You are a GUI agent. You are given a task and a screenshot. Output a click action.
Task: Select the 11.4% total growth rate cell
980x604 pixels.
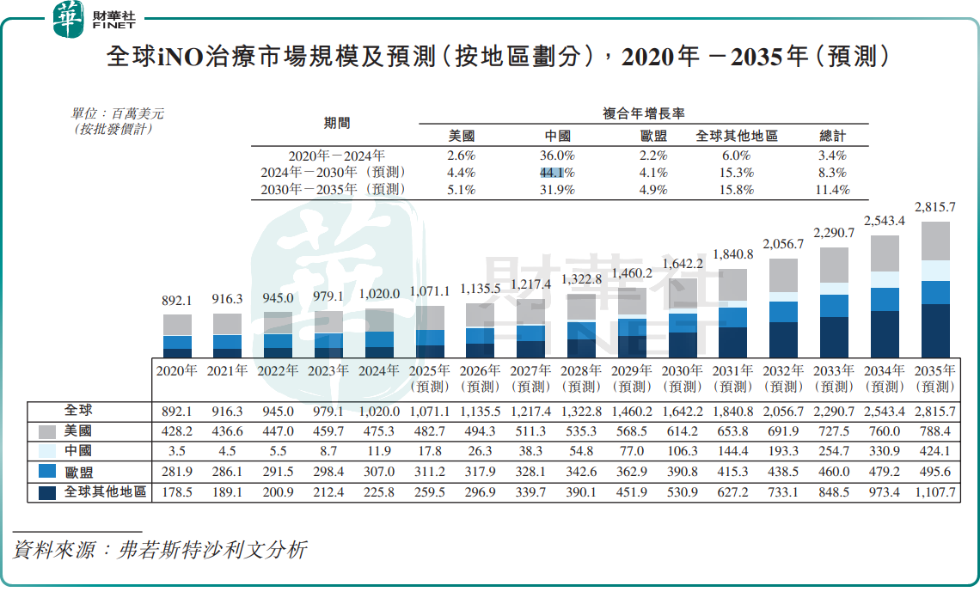click(x=833, y=190)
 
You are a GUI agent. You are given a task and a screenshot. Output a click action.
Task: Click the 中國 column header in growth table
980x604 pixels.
click(x=558, y=136)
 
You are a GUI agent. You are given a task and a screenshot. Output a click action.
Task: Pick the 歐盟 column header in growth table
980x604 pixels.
click(x=653, y=136)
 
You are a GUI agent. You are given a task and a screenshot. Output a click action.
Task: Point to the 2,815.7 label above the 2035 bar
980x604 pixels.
click(x=935, y=207)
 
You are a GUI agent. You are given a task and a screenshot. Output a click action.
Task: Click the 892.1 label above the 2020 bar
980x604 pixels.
click(x=177, y=301)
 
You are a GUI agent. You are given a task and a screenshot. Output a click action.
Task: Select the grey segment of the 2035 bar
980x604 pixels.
click(x=935, y=241)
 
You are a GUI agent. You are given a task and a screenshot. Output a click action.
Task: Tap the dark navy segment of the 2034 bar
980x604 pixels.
click(x=885, y=334)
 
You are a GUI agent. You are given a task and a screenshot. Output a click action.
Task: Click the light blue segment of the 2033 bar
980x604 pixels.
click(x=834, y=289)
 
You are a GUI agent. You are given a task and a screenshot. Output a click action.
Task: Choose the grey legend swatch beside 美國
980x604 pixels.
click(x=48, y=431)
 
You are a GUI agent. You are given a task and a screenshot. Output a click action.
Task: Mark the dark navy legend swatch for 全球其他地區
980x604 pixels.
click(x=48, y=492)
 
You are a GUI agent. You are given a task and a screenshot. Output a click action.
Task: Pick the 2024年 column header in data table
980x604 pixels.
click(x=379, y=371)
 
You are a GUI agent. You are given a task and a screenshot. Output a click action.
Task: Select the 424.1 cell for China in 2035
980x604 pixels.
click(x=935, y=451)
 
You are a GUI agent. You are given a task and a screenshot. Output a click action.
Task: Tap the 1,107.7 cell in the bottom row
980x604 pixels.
click(x=935, y=492)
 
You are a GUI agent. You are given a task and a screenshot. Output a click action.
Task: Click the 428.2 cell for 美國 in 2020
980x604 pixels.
click(x=177, y=431)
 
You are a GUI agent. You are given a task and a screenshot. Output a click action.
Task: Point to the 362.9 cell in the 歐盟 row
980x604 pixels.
click(x=632, y=472)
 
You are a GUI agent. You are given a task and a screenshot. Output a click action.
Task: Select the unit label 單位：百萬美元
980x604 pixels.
click(x=118, y=113)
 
